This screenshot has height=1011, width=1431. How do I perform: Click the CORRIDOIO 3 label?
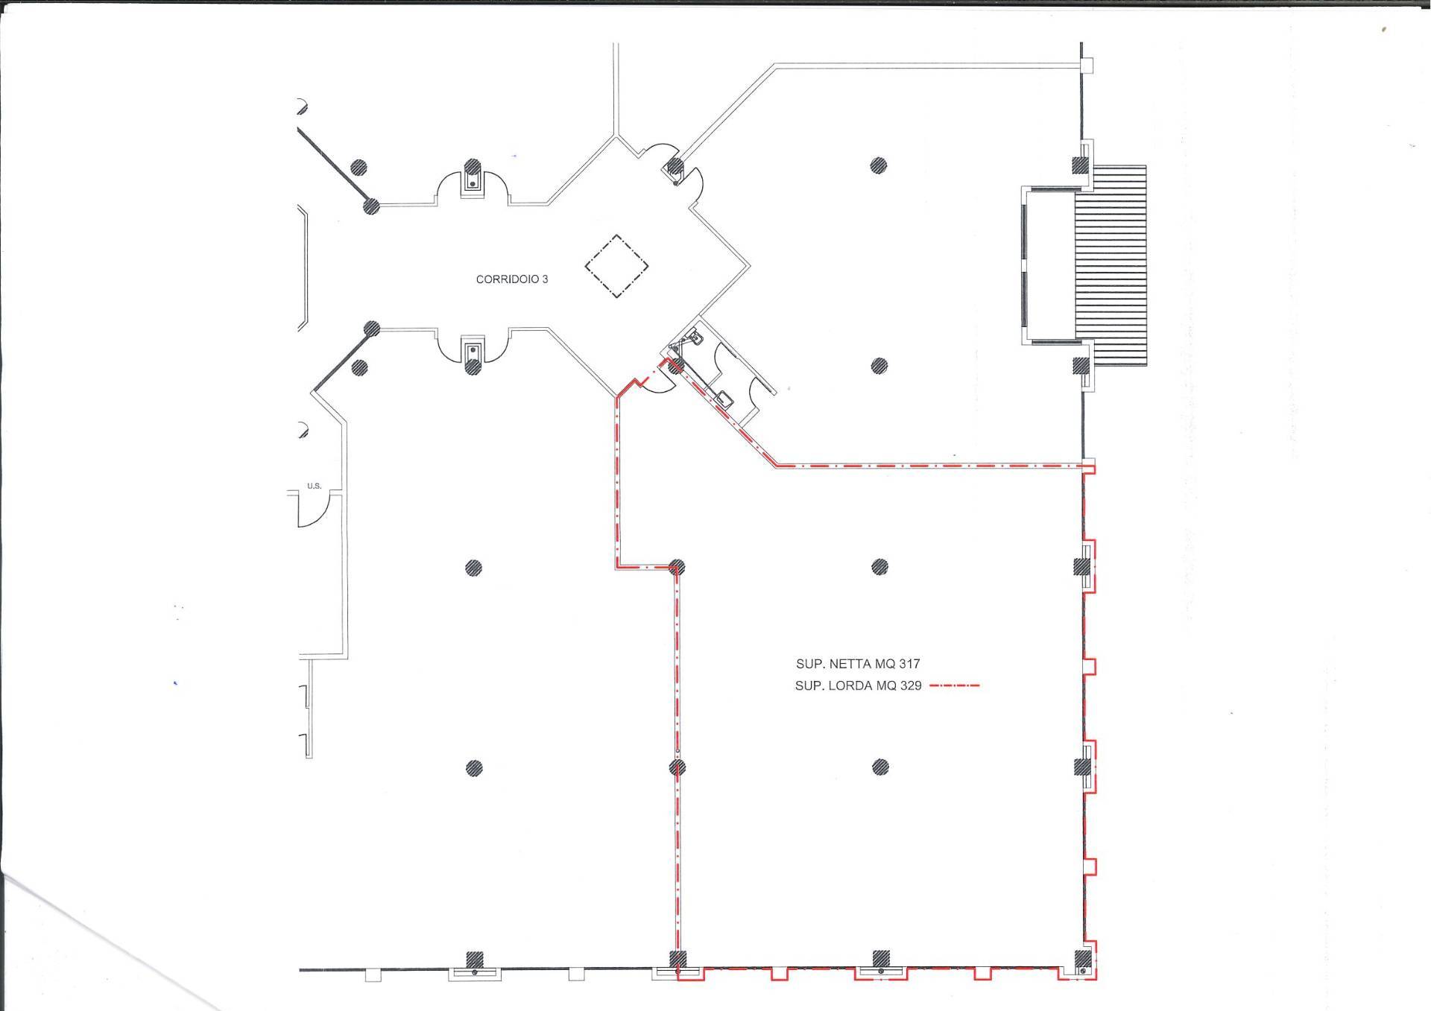pos(512,279)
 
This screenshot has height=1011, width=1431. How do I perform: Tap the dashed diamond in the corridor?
pos(616,267)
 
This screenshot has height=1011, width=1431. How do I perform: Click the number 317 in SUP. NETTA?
pos(909,664)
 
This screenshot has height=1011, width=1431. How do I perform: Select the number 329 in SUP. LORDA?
pos(911,686)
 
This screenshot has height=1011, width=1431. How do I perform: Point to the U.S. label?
pos(314,486)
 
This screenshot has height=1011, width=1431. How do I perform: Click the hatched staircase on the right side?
pos(1110,264)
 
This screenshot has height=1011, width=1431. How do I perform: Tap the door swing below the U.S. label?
pos(312,511)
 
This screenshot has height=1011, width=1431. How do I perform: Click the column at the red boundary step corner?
pos(677,566)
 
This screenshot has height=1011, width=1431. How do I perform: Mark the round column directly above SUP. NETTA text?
pos(879,567)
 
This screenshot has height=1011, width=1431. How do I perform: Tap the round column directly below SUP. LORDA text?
pos(880,767)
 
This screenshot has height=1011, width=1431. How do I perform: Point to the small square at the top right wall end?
pos(1087,66)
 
